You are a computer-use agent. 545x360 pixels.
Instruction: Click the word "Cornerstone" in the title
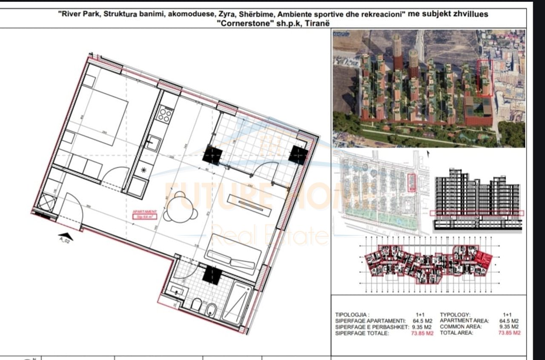(237, 23)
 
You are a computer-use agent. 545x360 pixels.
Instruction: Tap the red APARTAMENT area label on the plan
(145, 214)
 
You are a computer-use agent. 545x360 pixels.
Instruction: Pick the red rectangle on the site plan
(411, 183)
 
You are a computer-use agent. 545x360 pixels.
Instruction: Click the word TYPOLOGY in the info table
(456, 314)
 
